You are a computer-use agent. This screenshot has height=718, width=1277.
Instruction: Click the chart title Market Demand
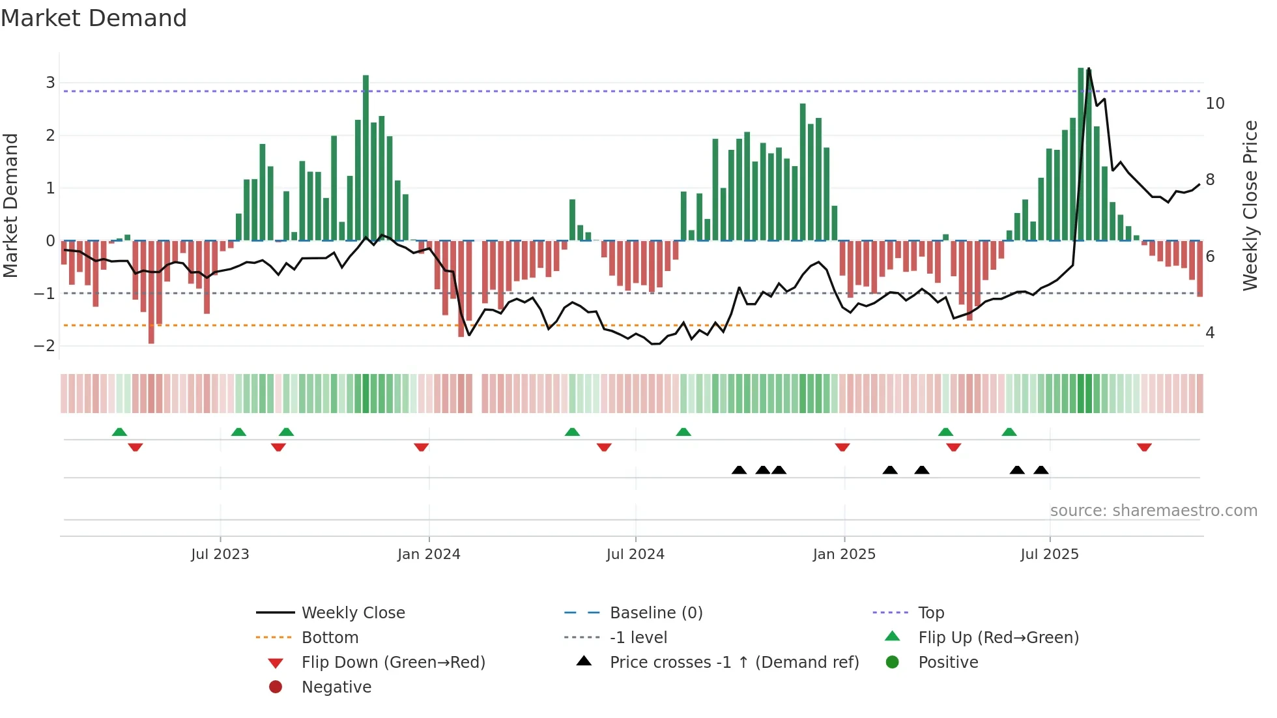coord(94,18)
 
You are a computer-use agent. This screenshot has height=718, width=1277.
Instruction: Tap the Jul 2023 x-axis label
coord(220,554)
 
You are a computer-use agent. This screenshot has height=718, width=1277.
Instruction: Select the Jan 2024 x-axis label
coord(429,554)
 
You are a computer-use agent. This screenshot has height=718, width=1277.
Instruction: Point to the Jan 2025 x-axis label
coord(844,554)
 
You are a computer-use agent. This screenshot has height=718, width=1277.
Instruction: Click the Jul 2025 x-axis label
coord(1049,554)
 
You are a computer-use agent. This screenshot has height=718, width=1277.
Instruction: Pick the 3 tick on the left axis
coord(50,83)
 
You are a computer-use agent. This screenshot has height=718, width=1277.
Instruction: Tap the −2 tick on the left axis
coord(45,346)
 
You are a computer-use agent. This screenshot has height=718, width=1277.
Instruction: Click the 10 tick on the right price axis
coord(1214,104)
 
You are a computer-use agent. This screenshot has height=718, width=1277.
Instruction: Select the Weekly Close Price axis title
coord(1250,205)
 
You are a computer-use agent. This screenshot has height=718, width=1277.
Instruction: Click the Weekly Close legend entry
coord(352,613)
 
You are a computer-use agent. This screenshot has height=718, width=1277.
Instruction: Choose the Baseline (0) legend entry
coord(655,613)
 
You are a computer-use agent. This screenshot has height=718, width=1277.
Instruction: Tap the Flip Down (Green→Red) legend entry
coord(393,663)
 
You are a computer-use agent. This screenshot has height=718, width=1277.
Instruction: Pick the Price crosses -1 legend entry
coord(734,663)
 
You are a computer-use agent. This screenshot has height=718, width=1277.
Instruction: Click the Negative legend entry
coord(336,687)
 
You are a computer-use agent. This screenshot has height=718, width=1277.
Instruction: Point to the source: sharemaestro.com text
coord(1153,511)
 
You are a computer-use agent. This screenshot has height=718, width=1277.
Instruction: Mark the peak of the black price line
coord(1089,69)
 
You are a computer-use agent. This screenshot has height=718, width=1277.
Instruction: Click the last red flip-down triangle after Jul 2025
coord(1144,447)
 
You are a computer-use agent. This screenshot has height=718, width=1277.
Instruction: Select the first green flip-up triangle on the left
coord(119,432)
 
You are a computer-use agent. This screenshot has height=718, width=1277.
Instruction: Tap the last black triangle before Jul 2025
coord(1040,470)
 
